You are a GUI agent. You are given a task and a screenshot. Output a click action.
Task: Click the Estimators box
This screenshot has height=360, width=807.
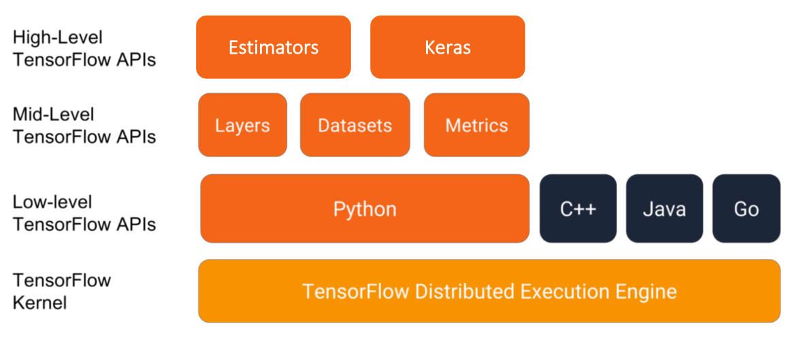(273, 48)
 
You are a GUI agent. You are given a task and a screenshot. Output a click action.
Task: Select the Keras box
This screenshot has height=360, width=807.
(447, 48)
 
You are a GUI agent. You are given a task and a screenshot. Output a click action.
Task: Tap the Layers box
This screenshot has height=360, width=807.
(242, 125)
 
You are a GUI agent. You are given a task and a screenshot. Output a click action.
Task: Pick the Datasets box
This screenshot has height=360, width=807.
(355, 125)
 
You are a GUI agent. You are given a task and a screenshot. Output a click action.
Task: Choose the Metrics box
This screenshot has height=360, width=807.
(476, 125)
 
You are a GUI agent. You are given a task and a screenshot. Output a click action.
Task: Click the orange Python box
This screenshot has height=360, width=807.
(365, 208)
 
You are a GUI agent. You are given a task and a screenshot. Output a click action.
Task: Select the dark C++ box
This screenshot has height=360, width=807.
(578, 208)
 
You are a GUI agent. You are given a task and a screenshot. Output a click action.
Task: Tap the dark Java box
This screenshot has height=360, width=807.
(664, 208)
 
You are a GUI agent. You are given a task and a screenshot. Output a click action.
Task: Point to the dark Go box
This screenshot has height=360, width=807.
(746, 208)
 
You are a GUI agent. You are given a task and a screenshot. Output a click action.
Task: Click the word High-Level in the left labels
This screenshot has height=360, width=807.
(58, 37)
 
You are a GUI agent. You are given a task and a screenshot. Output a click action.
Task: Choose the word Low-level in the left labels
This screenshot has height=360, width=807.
(52, 202)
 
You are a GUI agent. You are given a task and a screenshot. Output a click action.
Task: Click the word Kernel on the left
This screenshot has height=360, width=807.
(39, 302)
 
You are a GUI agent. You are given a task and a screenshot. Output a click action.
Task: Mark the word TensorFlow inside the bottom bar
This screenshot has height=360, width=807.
(356, 292)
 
